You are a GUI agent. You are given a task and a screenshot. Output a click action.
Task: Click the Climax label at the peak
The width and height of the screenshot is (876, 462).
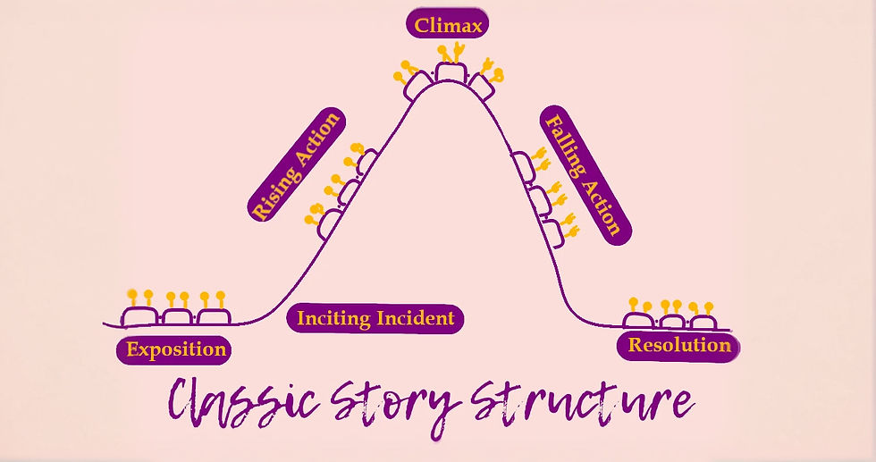click(x=449, y=25)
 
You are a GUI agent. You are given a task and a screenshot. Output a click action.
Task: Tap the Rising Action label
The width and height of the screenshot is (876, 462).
click(x=296, y=165)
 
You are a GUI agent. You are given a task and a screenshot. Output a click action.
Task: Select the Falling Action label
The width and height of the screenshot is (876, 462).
click(x=585, y=173)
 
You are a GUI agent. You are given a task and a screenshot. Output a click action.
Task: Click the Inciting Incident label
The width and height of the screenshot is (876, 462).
click(x=375, y=318)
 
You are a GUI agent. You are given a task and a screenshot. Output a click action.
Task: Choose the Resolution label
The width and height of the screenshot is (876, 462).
click(x=679, y=345)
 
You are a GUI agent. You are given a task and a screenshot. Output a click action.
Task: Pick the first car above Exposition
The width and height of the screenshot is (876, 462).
click(x=140, y=315)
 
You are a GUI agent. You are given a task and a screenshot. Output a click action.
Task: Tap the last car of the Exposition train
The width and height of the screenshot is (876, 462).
click(x=214, y=315)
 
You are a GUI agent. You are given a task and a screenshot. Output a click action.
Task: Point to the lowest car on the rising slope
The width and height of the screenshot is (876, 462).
click(x=327, y=222)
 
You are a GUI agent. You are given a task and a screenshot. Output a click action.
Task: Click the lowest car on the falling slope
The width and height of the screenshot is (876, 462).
click(x=552, y=231)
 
